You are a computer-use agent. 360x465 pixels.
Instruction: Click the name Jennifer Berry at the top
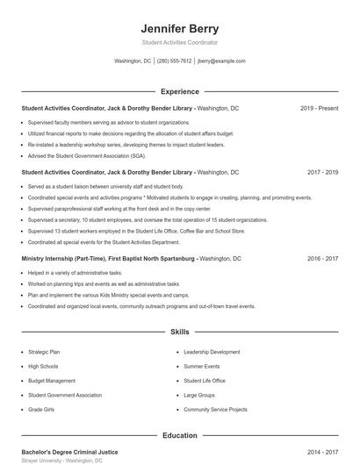pyautogui.click(x=179, y=28)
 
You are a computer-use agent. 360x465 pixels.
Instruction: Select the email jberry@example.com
pyautogui.click(x=221, y=61)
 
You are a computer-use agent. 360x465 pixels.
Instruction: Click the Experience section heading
pyautogui.click(x=179, y=91)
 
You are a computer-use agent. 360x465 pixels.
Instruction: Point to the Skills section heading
pyautogui.click(x=179, y=333)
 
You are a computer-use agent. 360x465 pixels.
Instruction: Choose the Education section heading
pyautogui.click(x=179, y=435)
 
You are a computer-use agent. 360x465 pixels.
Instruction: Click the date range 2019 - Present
pyautogui.click(x=319, y=108)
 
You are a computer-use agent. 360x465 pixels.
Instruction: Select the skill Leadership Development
pyautogui.click(x=212, y=351)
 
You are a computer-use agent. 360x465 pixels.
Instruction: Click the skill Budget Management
pyautogui.click(x=52, y=381)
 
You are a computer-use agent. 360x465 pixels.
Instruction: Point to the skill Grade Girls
pyautogui.click(x=42, y=410)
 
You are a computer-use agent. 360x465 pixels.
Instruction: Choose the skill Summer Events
pyautogui.click(x=202, y=366)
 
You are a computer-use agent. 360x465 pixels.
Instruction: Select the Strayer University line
pyautogui.click(x=61, y=460)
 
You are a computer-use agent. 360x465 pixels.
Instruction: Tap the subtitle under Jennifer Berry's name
pyautogui.click(x=179, y=42)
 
